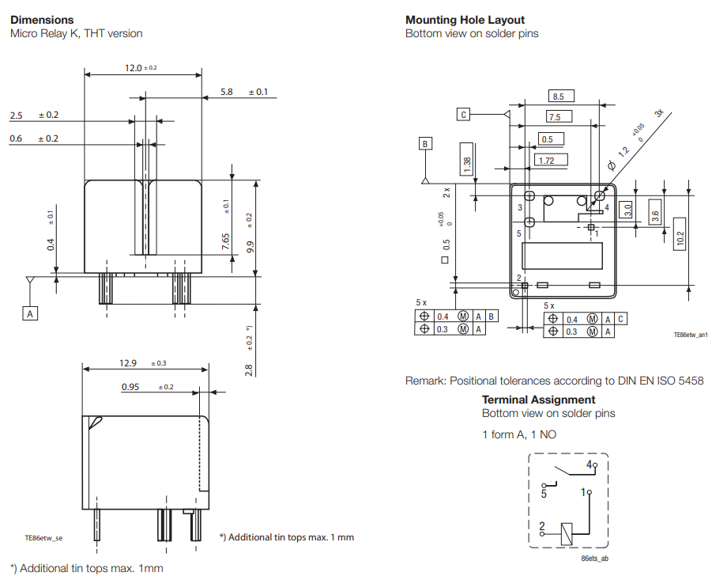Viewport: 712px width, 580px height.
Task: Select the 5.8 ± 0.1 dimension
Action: [x=228, y=92]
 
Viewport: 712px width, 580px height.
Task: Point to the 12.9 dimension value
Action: [x=128, y=363]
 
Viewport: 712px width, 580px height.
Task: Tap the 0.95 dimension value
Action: [x=130, y=387]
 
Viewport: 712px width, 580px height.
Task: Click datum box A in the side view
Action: [x=30, y=313]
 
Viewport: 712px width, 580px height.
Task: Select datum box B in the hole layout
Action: [x=426, y=144]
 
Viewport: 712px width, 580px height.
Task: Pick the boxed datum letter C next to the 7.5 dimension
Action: [x=464, y=115]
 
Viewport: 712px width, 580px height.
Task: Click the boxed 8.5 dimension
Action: [x=559, y=97]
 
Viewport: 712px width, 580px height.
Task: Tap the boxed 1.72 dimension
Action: [x=546, y=161]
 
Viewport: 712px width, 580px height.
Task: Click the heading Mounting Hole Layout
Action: [x=465, y=20]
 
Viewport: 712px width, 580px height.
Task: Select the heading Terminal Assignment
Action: [x=538, y=400]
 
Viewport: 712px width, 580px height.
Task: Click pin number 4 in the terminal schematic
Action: [x=589, y=464]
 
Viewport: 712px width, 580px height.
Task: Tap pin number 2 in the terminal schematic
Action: [x=541, y=525]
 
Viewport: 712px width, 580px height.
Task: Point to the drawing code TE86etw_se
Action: [x=43, y=537]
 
